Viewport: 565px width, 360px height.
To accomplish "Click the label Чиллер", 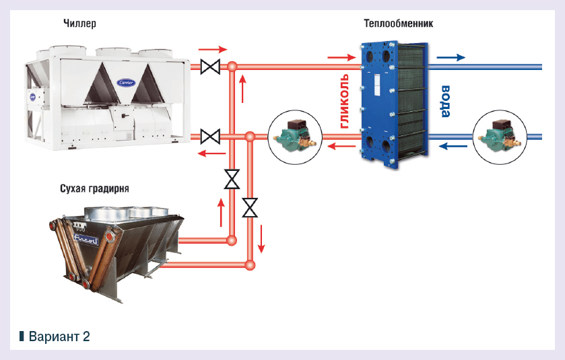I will click(x=79, y=24).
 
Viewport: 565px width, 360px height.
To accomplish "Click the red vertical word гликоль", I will click(x=344, y=101).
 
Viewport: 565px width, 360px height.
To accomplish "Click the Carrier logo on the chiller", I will click(x=126, y=82).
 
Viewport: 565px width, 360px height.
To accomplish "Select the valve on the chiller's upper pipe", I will click(x=211, y=67).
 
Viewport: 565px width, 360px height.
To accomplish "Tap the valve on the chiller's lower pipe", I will click(x=211, y=136).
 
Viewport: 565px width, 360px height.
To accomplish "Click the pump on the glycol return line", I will click(x=294, y=137).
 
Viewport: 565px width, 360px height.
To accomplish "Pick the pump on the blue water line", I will click(x=499, y=137).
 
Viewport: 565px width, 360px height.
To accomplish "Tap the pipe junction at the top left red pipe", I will click(x=231, y=67).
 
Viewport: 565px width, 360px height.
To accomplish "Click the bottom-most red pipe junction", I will click(x=250, y=264).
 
